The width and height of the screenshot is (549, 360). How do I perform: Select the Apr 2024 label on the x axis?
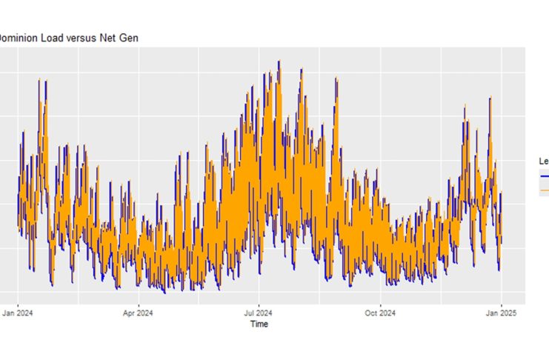point(138,313)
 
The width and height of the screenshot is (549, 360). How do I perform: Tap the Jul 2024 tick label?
point(259,313)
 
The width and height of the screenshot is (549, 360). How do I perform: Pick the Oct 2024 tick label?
point(380,313)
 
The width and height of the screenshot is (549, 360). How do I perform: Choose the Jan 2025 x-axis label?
point(501,313)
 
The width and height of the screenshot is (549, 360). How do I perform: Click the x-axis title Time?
point(259,324)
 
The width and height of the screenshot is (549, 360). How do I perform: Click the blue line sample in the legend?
point(545,176)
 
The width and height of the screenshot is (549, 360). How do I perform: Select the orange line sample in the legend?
point(545,190)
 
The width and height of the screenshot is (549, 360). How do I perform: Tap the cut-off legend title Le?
point(543,161)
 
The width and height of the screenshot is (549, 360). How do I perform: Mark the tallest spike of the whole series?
point(279,61)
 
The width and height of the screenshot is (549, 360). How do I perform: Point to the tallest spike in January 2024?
point(39,79)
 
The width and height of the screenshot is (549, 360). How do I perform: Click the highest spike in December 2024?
point(490,97)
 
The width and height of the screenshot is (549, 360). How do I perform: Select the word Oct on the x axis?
point(371,313)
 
